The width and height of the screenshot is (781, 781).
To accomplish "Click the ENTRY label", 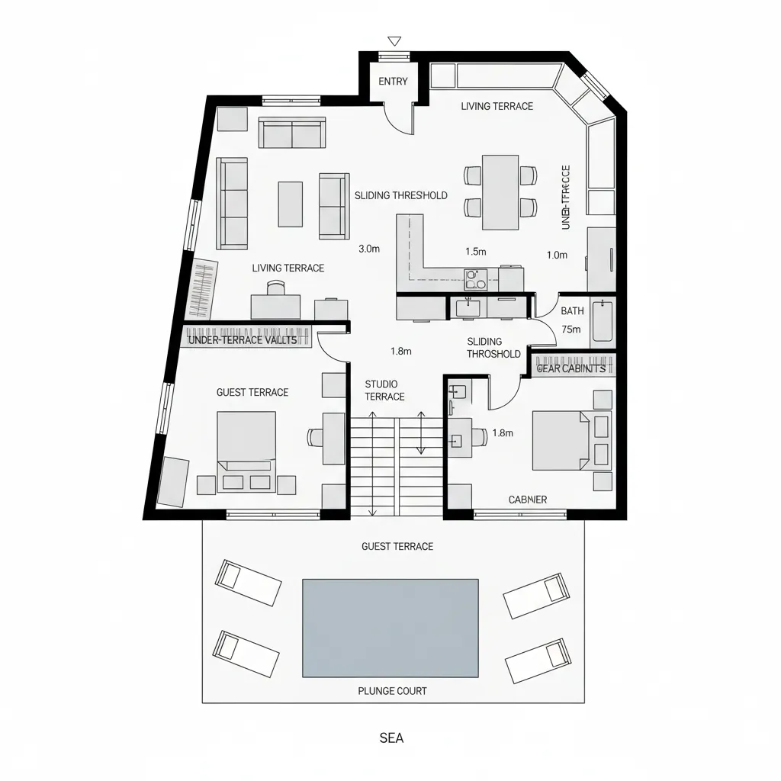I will pos(393,82).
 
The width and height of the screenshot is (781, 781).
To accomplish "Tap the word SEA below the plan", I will pos(391,738).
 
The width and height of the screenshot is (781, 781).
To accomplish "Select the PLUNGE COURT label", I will pos(392,691).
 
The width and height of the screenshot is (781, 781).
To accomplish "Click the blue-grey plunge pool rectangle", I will pos(390,628).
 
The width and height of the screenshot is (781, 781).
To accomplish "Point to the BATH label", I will pos(572,311).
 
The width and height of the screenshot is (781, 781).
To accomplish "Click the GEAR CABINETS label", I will pos(571,368).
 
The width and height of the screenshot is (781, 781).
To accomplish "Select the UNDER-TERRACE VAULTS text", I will pos(242,340).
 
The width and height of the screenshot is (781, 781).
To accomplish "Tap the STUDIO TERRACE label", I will pos(384,390).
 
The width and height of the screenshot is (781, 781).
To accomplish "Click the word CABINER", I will pos(528,500).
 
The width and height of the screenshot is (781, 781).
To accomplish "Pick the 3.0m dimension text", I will pos(368,248).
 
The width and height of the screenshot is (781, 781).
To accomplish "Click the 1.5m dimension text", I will pos(476,251).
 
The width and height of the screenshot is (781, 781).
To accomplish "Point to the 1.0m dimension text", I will pos(557,256).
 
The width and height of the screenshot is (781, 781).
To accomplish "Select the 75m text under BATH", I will pos(571,329).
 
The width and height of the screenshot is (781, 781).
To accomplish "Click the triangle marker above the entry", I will pos(394,40).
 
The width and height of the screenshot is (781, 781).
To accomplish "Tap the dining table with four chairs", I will pos(500,191).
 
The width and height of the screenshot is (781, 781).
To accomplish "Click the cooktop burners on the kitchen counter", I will pos(476,280).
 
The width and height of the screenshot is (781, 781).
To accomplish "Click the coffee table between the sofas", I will pos(290,204).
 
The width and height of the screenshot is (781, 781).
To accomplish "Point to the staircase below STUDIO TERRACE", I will pos(397,465).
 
